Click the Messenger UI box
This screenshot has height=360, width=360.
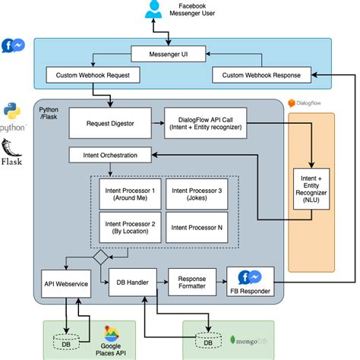coord(169,54)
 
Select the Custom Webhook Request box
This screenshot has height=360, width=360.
coord(93,75)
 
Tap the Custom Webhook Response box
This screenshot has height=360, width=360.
coord(261,75)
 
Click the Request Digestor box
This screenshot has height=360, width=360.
coord(110,123)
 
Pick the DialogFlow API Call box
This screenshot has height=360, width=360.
coord(205,123)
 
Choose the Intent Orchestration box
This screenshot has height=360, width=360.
coord(110,155)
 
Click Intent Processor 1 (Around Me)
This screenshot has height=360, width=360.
coord(130,194)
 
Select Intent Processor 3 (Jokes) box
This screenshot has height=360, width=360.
coord(197,194)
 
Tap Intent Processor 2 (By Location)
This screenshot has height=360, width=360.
coord(130,227)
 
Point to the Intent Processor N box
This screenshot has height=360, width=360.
coord(197,227)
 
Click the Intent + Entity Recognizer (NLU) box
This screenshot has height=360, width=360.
coord(311,189)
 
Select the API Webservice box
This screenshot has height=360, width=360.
coord(66,284)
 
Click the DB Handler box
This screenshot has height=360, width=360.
coord(133,283)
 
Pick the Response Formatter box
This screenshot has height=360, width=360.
coord(192,283)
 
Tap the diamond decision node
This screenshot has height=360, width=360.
coord(101,257)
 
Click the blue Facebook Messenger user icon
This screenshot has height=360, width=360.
coord(153,9)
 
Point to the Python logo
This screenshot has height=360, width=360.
coord(12,111)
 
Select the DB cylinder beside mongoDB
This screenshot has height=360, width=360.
coord(208,340)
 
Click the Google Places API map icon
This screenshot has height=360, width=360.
coord(111,333)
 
